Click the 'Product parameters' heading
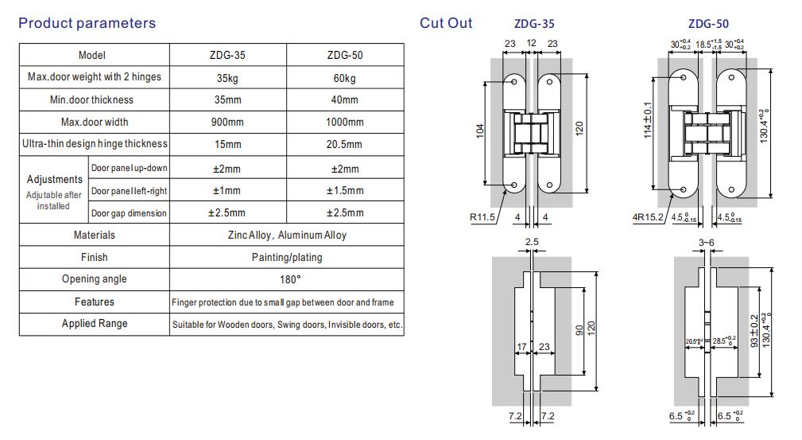click(87, 23)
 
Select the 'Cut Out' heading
click(446, 23)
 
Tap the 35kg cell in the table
click(228, 77)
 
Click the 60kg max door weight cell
click(344, 77)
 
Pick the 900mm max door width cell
click(228, 122)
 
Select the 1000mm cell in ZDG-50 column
click(344, 122)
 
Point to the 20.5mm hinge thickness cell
click(344, 144)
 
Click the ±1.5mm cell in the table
click(344, 191)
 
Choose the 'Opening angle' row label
click(94, 279)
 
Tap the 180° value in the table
click(286, 279)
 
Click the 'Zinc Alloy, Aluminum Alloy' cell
click(286, 236)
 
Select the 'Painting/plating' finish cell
click(286, 258)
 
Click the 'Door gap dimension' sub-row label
click(129, 213)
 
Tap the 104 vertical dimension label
click(480, 132)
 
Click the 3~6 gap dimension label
click(707, 241)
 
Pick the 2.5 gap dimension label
click(531, 241)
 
